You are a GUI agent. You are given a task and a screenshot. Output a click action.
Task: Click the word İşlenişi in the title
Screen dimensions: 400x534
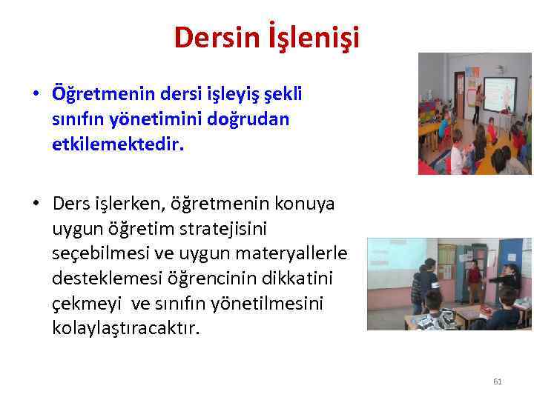[x=314, y=38]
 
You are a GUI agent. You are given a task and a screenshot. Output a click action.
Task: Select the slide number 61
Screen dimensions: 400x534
[x=498, y=381]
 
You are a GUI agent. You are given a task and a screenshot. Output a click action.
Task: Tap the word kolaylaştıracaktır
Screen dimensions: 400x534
[x=126, y=327]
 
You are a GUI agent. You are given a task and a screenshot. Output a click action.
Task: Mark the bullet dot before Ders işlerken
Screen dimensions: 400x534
[x=36, y=203]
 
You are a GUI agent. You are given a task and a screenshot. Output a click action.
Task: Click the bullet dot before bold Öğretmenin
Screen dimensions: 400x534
[x=36, y=95]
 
